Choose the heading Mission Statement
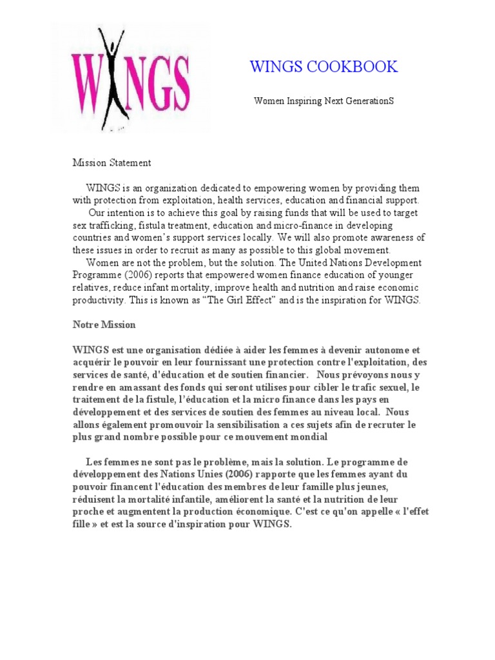pyautogui.click(x=112, y=163)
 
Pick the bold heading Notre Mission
pyautogui.click(x=104, y=325)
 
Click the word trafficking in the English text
pyautogui.click(x=113, y=225)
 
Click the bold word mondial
pyautogui.click(x=309, y=438)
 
